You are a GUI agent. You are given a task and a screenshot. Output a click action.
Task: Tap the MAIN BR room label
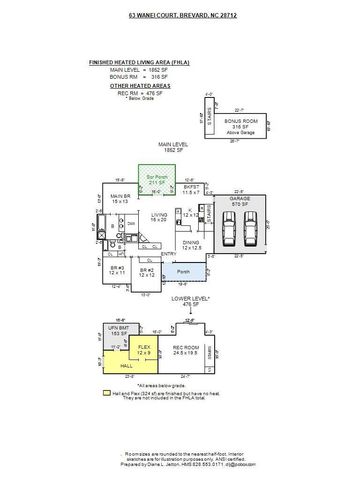coord(121,198)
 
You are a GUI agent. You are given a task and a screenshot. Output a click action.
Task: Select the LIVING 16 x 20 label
coord(159,216)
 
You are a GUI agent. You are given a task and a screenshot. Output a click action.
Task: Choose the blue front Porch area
coord(180,271)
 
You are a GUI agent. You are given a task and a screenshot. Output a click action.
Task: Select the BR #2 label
coord(146,271)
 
